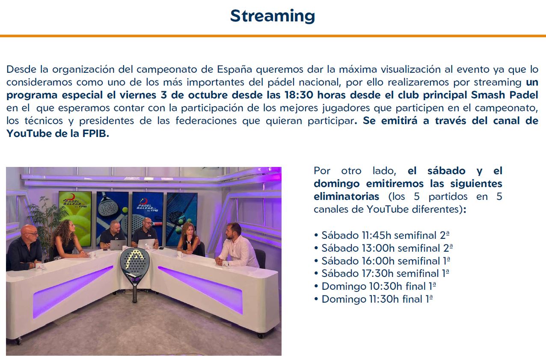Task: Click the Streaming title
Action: click(x=273, y=16)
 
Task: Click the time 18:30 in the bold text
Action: click(x=299, y=95)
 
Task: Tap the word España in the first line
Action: click(x=234, y=69)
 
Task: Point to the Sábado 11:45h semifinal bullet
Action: click(x=382, y=235)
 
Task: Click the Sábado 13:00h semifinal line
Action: click(x=383, y=248)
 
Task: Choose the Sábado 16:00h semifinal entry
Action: click(x=382, y=261)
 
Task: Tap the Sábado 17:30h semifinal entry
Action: click(x=382, y=274)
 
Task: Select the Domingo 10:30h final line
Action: click(x=375, y=286)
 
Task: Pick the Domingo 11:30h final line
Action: click(x=374, y=299)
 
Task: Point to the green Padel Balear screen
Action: click(x=75, y=218)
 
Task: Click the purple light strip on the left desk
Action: click(x=73, y=292)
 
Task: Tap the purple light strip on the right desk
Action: click(x=200, y=289)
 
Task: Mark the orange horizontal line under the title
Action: click(x=273, y=36)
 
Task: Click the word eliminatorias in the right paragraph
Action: click(x=346, y=196)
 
